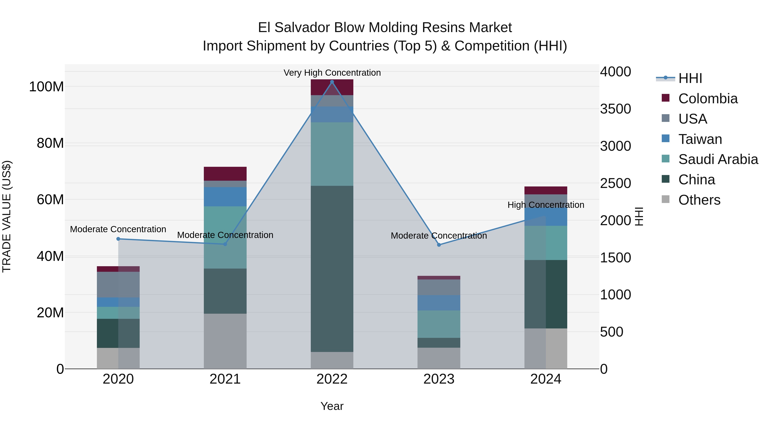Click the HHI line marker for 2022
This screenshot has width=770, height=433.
click(x=332, y=82)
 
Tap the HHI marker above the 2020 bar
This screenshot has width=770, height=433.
click(x=118, y=239)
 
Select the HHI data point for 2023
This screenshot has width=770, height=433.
click(x=439, y=245)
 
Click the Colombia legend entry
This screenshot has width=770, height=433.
click(x=708, y=99)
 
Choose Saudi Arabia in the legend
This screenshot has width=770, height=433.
click(x=718, y=159)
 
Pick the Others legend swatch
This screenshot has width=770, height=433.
click(x=666, y=199)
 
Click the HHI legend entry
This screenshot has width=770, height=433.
click(x=690, y=78)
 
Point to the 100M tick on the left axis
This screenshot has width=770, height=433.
click(x=46, y=87)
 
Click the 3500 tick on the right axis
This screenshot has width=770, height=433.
click(x=615, y=109)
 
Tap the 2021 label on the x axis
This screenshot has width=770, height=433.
click(x=225, y=379)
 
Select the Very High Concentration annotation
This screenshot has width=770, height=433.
click(x=332, y=73)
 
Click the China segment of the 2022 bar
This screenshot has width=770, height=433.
click(x=332, y=269)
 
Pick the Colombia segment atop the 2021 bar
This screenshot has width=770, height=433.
click(x=225, y=174)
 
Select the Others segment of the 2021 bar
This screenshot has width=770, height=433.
click(x=225, y=341)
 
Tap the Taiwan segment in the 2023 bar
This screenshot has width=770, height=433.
click(x=439, y=303)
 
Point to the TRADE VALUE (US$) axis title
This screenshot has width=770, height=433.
click(x=7, y=216)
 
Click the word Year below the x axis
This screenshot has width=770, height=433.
click(x=332, y=406)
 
